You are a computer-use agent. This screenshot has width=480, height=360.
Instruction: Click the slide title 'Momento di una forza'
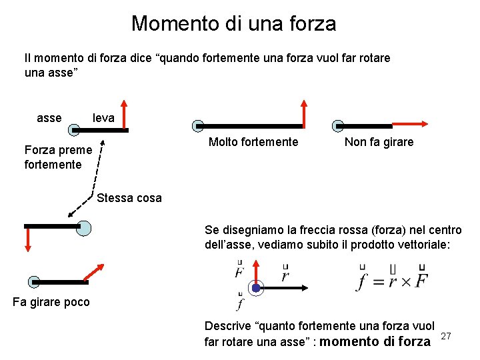pyautogui.click(x=233, y=23)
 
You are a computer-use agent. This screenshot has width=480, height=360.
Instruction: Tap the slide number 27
pyautogui.click(x=447, y=336)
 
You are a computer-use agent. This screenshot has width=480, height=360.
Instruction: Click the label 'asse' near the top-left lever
pyautogui.click(x=49, y=118)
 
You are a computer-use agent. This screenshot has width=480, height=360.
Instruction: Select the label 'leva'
pyautogui.click(x=103, y=118)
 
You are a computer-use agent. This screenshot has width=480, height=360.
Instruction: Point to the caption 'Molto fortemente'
pyautogui.click(x=253, y=142)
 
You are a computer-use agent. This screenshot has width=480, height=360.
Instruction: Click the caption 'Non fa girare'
pyautogui.click(x=379, y=142)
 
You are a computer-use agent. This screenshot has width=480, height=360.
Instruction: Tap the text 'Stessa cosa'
pyautogui.click(x=129, y=198)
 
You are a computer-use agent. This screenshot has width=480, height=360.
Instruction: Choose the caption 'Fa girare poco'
pyautogui.click(x=51, y=302)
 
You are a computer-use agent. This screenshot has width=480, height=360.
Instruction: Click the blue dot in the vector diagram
pyautogui.click(x=256, y=288)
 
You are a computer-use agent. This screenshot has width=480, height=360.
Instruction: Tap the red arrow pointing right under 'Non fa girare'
pyautogui.click(x=409, y=125)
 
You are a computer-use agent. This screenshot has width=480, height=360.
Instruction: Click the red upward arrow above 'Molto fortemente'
pyautogui.click(x=304, y=113)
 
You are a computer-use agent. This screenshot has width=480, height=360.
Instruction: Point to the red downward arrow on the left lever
pyautogui.click(x=28, y=239)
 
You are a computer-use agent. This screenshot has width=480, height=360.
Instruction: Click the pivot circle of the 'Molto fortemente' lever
pyautogui.click(x=198, y=125)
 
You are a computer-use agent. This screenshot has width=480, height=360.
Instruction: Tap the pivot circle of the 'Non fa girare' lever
pyautogui.click(x=339, y=125)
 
